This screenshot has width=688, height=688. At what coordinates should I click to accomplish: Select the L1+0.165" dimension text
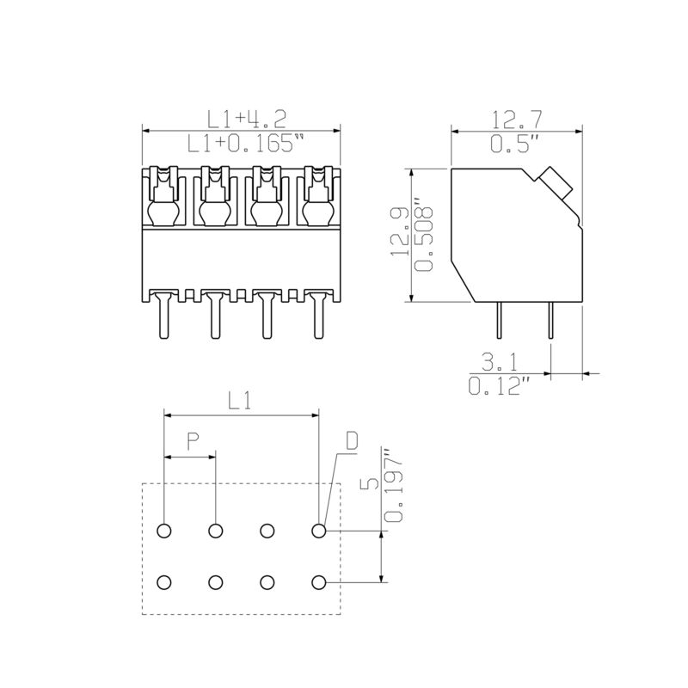(x=245, y=144)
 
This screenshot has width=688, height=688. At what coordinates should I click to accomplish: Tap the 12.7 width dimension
(x=516, y=118)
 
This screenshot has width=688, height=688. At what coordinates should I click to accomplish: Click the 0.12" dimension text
(x=498, y=386)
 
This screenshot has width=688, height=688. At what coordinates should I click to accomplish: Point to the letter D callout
(x=352, y=441)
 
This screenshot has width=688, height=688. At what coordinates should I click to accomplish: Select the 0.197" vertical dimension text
(x=394, y=487)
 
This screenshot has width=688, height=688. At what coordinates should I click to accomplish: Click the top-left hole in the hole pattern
(x=164, y=531)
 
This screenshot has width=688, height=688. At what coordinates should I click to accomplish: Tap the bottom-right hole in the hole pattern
(x=319, y=583)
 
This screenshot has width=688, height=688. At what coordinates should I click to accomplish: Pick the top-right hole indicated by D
(x=319, y=531)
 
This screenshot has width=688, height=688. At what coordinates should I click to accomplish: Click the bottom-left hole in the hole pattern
(x=164, y=583)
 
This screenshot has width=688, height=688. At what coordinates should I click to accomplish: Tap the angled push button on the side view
(x=555, y=180)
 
